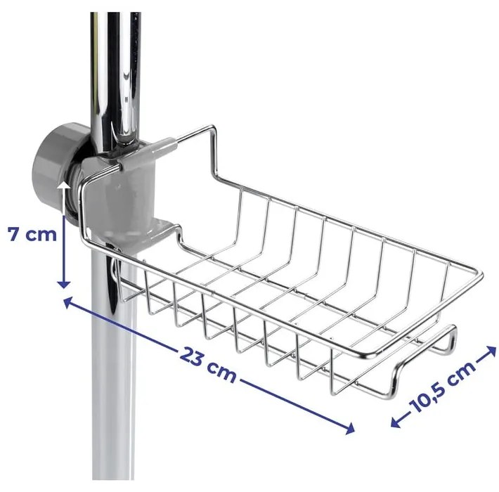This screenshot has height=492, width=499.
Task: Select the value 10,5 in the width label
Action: [x=432, y=394]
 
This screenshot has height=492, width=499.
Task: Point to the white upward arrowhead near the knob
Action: [x=65, y=187]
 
